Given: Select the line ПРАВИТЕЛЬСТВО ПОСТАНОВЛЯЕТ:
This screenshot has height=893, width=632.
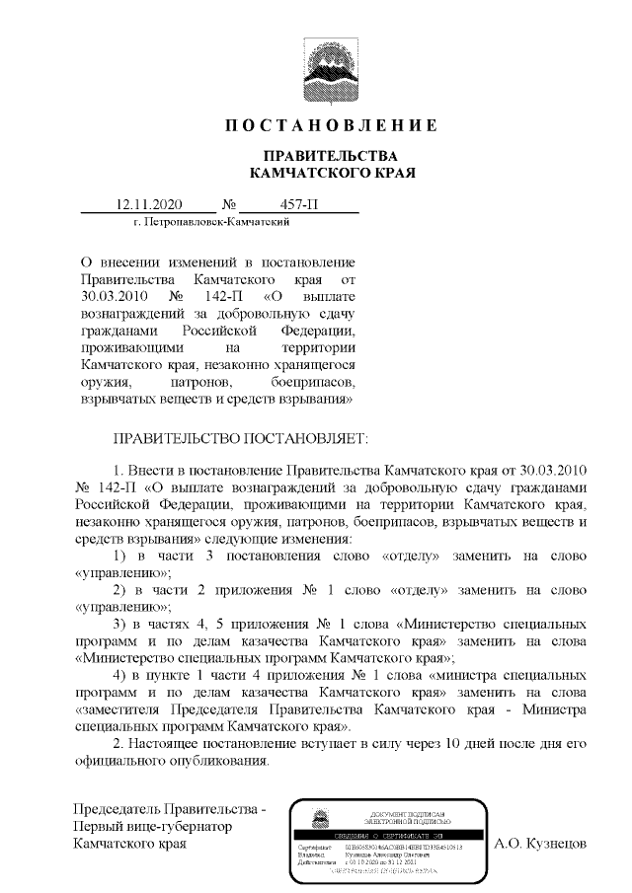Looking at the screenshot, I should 241,434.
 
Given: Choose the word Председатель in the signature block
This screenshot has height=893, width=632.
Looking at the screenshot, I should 118,809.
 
